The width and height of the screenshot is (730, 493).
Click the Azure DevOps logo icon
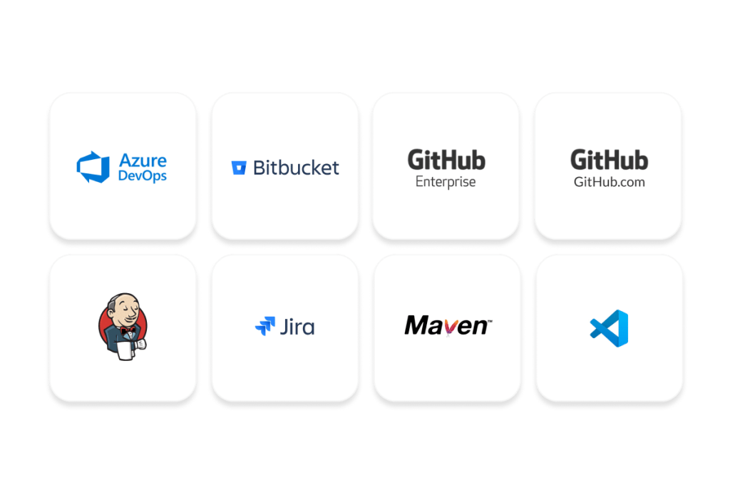pyautogui.click(x=93, y=167)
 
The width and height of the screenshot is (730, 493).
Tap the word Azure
pyautogui.click(x=143, y=159)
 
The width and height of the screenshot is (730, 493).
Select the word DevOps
pyautogui.click(x=143, y=175)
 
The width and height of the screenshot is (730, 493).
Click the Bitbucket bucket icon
pyautogui.click(x=239, y=168)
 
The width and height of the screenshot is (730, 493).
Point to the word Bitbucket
pyautogui.click(x=296, y=168)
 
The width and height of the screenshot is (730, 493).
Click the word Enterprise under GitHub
pyautogui.click(x=446, y=182)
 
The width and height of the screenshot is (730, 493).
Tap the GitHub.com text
pyautogui.click(x=609, y=182)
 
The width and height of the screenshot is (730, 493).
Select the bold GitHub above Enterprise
pyautogui.click(x=446, y=159)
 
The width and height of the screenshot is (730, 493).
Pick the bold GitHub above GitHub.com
pyautogui.click(x=609, y=159)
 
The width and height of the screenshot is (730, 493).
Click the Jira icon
pyautogui.click(x=264, y=327)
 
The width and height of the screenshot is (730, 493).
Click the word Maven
pyautogui.click(x=446, y=326)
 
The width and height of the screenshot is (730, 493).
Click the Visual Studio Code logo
pyautogui.click(x=610, y=327)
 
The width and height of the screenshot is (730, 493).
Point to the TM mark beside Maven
pyautogui.click(x=489, y=320)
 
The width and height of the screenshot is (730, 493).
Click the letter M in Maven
pyautogui.click(x=417, y=326)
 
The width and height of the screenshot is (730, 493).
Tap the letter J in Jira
pyautogui.click(x=284, y=327)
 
